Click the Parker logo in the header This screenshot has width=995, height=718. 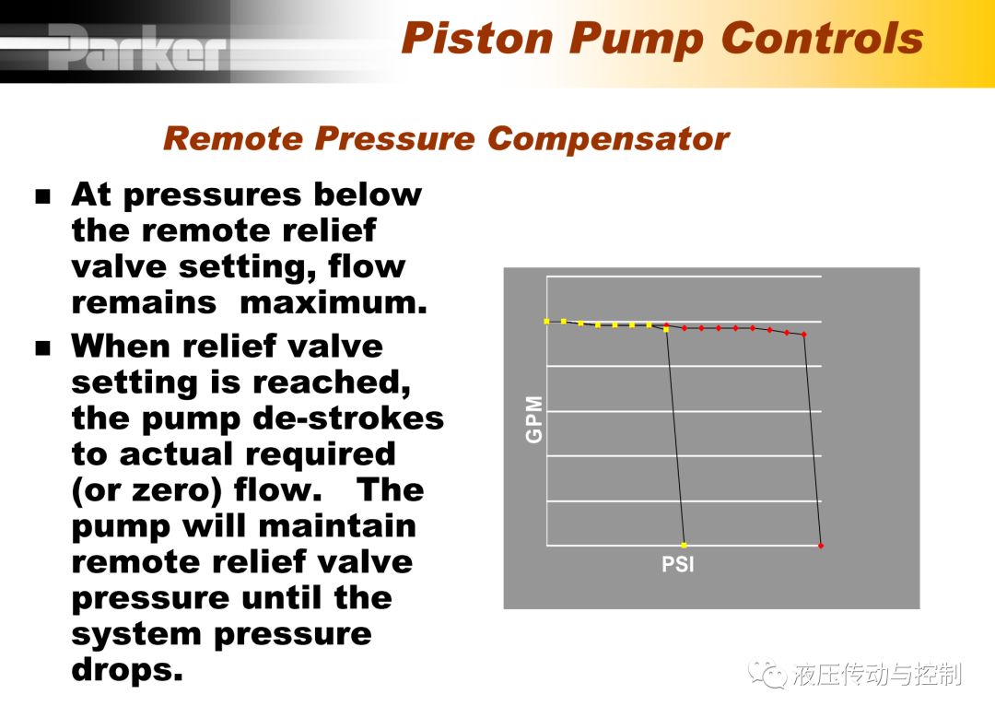tap(136, 48)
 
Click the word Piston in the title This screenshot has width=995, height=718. tap(478, 38)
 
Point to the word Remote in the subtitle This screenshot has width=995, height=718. tap(233, 138)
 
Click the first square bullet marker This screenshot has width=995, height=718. tap(42, 195)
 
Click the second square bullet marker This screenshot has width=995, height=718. tap(42, 347)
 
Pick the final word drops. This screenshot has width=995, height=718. tap(127, 670)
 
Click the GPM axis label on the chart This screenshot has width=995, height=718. tap(534, 419)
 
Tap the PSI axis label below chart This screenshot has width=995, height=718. tap(678, 564)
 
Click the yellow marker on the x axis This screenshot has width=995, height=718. tap(684, 546)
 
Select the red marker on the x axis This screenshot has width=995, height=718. tap(821, 546)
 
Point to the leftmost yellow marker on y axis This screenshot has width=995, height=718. tap(546, 322)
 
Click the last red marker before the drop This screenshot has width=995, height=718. tap(804, 334)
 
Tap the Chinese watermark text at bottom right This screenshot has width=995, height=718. tap(877, 674)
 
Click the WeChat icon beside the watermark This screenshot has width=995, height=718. tap(767, 673)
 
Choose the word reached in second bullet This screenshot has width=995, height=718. tap(331, 383)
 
